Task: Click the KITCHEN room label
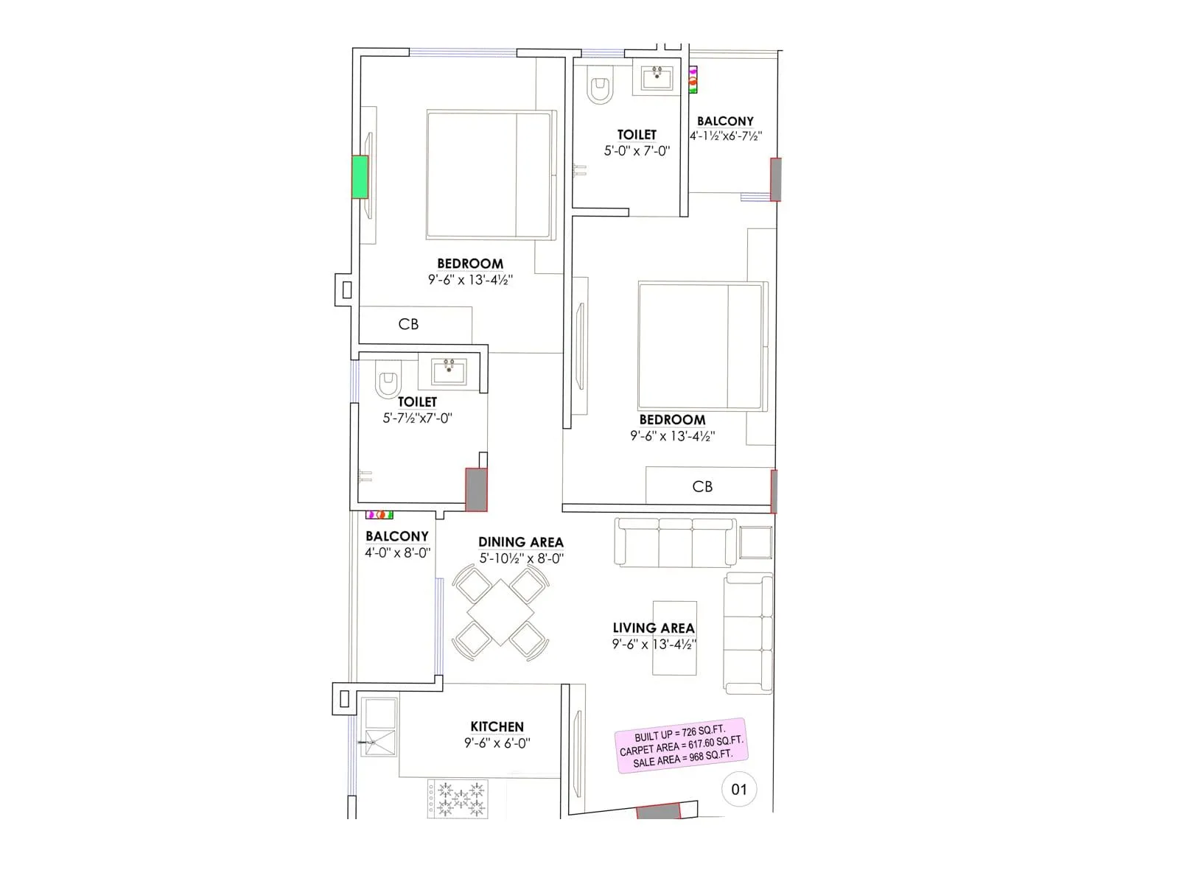click(497, 727)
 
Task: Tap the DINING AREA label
click(520, 542)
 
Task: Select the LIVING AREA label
click(654, 628)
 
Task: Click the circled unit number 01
click(739, 790)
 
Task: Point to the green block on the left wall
click(360, 177)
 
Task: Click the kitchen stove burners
click(458, 799)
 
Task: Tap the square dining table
click(500, 612)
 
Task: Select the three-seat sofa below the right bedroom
click(675, 542)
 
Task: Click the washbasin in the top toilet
click(656, 77)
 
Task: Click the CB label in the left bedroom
click(408, 324)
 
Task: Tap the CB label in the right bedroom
click(702, 486)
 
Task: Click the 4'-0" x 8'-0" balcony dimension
click(397, 552)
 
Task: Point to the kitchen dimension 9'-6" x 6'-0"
click(497, 743)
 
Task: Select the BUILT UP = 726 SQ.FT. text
click(679, 734)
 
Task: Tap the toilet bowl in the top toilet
click(600, 88)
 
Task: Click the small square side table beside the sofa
click(755, 543)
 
